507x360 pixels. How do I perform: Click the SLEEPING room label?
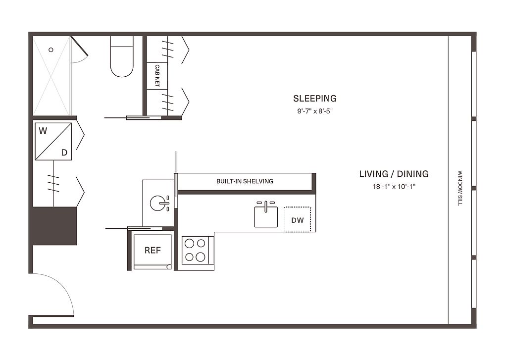(x=314, y=99)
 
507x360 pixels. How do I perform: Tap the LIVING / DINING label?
(x=394, y=174)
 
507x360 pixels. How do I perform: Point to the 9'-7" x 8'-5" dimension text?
(x=315, y=111)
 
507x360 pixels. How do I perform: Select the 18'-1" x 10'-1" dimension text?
(x=394, y=187)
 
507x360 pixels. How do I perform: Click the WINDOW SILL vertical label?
(x=460, y=188)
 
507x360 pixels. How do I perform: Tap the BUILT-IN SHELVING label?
(x=245, y=181)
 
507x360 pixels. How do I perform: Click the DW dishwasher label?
(x=298, y=220)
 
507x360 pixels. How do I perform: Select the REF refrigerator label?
(x=152, y=251)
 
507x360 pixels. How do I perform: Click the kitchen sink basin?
(x=266, y=217)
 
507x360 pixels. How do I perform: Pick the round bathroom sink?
(x=158, y=204)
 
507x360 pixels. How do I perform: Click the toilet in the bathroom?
(x=122, y=56)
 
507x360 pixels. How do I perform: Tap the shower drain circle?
(x=51, y=50)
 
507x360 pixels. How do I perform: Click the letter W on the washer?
(x=43, y=131)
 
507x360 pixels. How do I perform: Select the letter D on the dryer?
(x=64, y=153)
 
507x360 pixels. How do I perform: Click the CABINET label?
(x=157, y=76)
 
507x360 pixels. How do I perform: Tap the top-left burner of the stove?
(x=190, y=243)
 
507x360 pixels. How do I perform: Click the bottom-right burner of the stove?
(x=201, y=257)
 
